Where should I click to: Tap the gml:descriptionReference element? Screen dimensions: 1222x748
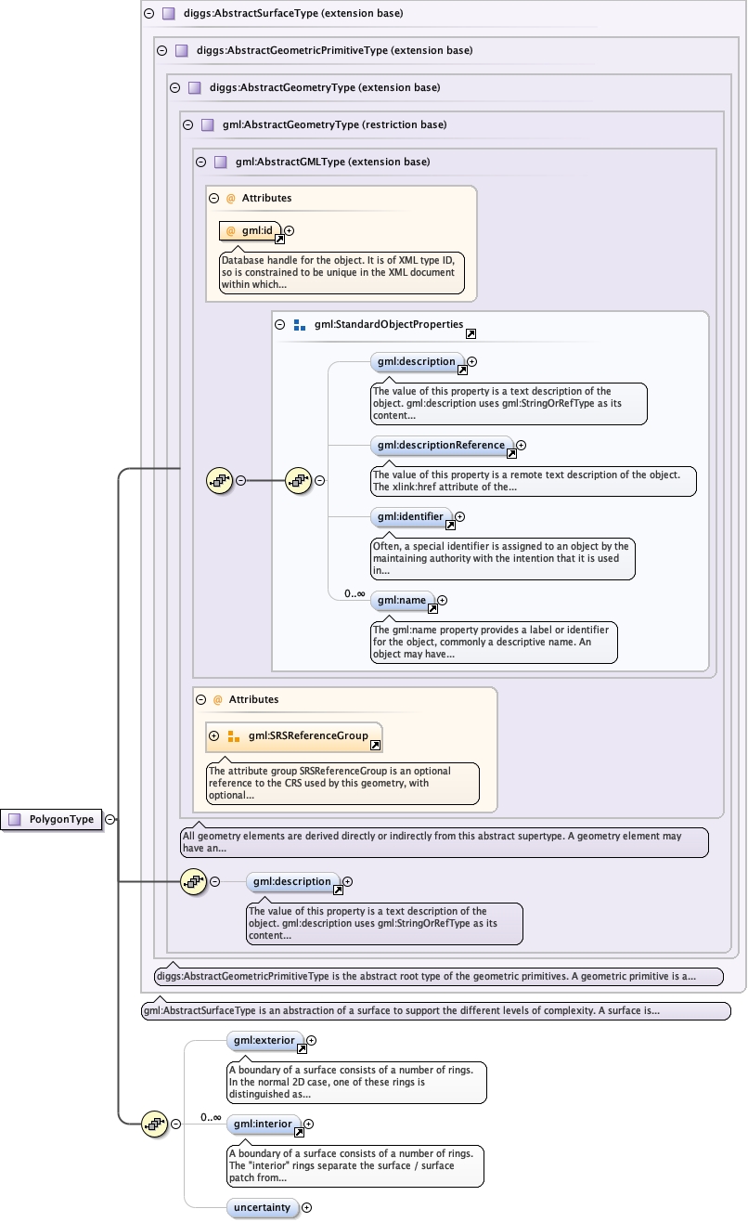pyautogui.click(x=441, y=446)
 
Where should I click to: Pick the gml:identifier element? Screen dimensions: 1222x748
pyautogui.click(x=411, y=516)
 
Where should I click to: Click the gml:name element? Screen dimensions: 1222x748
pyautogui.click(x=402, y=601)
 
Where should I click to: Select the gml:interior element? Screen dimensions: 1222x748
pyautogui.click(x=264, y=1124)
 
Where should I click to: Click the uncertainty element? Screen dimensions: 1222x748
pyautogui.click(x=263, y=1207)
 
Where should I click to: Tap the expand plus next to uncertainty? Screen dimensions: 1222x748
pyautogui.click(x=307, y=1207)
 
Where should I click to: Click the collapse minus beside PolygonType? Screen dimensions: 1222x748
pyautogui.click(x=110, y=819)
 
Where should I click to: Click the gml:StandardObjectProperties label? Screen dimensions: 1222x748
pyautogui.click(x=388, y=325)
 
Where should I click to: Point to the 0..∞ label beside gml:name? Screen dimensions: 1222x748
pyautogui.click(x=354, y=593)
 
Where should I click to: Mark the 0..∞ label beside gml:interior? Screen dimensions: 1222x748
pyautogui.click(x=211, y=1117)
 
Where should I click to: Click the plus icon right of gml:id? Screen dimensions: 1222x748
pyautogui.click(x=289, y=230)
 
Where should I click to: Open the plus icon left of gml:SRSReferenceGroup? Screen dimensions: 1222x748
pyautogui.click(x=214, y=736)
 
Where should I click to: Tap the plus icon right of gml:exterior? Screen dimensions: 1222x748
pyautogui.click(x=312, y=1041)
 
